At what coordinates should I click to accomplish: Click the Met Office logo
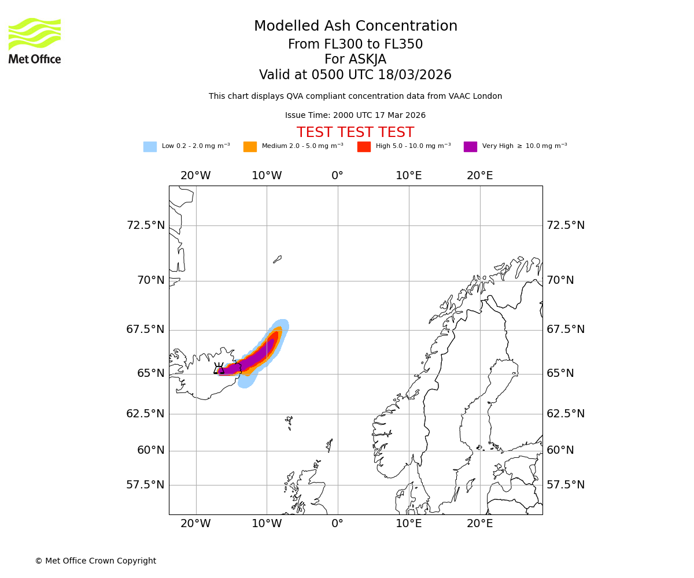point(35,40)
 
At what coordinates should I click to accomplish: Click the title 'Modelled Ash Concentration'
point(356,27)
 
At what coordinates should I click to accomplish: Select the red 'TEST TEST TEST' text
point(355,132)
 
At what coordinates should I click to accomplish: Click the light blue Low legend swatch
point(150,147)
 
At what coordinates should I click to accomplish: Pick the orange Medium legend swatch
point(250,147)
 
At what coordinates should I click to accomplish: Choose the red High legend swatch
point(364,147)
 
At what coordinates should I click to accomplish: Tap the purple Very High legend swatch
point(470,147)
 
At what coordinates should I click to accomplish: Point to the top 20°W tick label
point(195,176)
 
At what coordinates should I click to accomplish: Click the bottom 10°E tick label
point(409,524)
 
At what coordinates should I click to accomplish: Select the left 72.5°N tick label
point(146,225)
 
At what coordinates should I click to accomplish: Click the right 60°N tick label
point(560,450)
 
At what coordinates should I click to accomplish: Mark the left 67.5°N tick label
point(146,329)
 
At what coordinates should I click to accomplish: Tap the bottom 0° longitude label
point(338,524)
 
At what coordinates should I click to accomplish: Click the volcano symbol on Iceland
point(219,369)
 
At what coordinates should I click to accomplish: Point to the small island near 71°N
point(278,260)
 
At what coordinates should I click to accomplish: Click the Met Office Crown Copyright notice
point(95,561)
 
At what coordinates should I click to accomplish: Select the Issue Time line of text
point(355,116)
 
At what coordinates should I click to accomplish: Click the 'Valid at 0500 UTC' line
point(355,75)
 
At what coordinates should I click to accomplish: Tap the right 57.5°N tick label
point(566,485)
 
